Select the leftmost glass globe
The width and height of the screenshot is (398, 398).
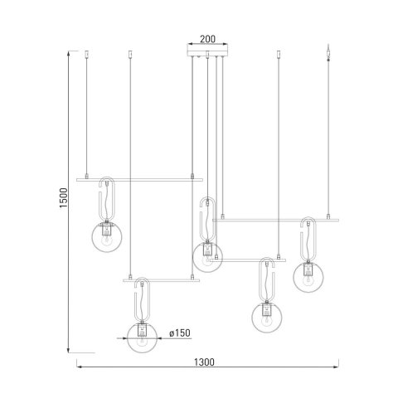click(x=106, y=238)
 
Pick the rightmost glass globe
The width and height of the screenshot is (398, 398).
click(x=309, y=274)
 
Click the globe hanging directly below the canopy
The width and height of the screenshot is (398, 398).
click(x=207, y=256)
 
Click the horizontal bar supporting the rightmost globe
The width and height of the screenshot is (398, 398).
click(x=278, y=220)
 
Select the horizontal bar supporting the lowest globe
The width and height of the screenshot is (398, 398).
click(x=163, y=280)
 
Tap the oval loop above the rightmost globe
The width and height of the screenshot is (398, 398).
click(x=309, y=239)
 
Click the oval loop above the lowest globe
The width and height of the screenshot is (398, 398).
click(x=142, y=298)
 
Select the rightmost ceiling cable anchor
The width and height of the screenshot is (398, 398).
click(x=329, y=56)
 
